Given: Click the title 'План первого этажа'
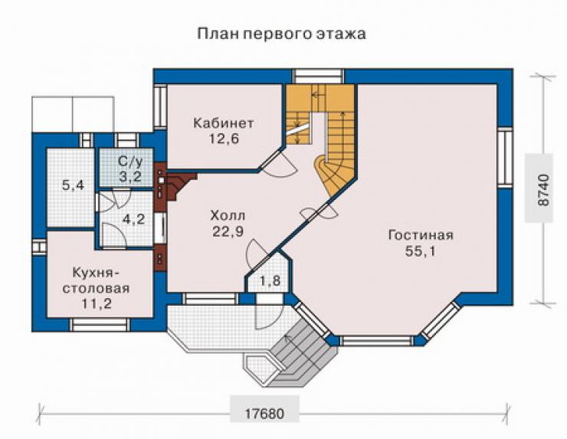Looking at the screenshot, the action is point(281,34).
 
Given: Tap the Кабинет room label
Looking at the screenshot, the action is point(224,123).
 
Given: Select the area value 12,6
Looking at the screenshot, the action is point(224,139).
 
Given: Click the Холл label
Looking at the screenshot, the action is point(228,216).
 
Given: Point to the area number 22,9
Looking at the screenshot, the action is point(228,231).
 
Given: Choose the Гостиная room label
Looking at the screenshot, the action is point(421,235).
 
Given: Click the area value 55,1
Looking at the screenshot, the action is point(420,251).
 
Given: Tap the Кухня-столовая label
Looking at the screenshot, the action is point(97,280).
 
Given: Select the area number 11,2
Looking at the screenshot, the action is point(97,303).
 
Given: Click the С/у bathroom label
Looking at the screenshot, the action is point(130,162).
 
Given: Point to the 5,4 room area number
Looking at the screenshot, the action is point(73,185).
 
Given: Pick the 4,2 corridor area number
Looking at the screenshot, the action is point(134,219).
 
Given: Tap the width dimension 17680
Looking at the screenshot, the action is point(264,414).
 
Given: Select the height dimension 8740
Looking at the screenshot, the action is point(542,190).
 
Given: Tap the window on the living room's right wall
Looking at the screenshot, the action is point(505,157).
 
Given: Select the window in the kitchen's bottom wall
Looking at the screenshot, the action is point(100,325).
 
